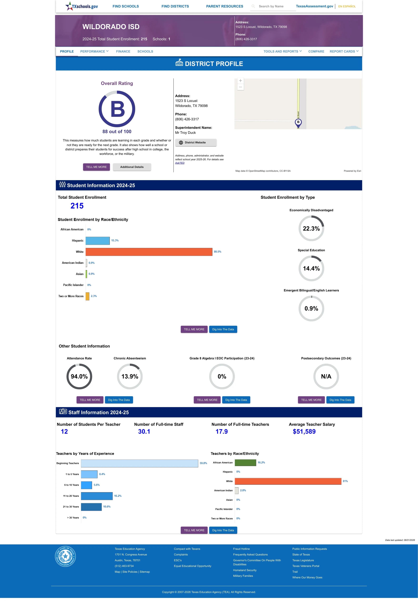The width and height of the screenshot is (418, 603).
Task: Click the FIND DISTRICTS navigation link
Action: (x=175, y=6)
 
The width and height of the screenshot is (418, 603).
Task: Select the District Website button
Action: (x=196, y=143)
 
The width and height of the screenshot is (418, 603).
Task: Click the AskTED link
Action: (x=180, y=163)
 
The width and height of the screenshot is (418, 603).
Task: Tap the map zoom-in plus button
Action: (x=240, y=81)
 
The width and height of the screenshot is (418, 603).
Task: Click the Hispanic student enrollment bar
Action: (x=98, y=241)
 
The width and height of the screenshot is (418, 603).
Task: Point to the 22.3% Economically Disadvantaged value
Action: (x=311, y=228)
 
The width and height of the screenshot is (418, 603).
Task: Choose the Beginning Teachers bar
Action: (x=140, y=463)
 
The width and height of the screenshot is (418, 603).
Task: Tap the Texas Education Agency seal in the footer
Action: (x=66, y=556)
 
